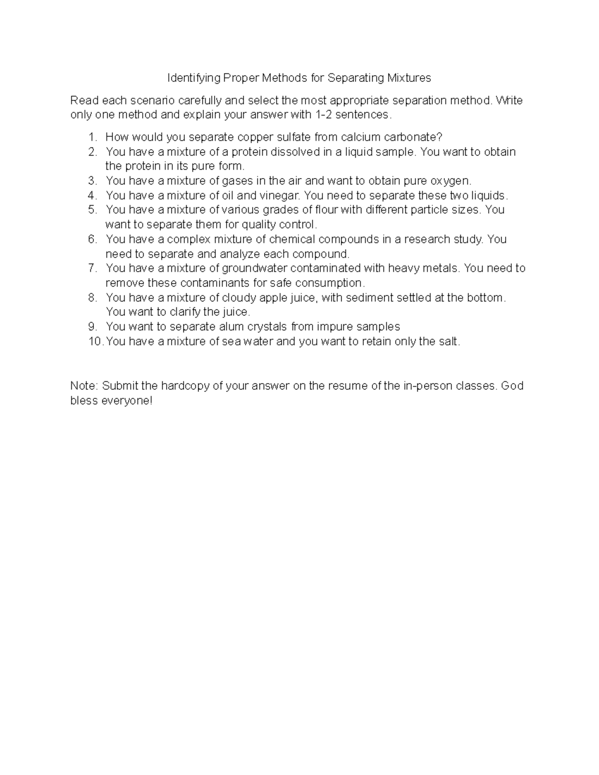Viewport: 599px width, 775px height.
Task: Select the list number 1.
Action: click(91, 137)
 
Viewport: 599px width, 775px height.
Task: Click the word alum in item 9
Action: click(234, 327)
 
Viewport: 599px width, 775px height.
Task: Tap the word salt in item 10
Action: click(448, 342)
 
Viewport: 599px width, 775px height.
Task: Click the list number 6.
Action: click(92, 239)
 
